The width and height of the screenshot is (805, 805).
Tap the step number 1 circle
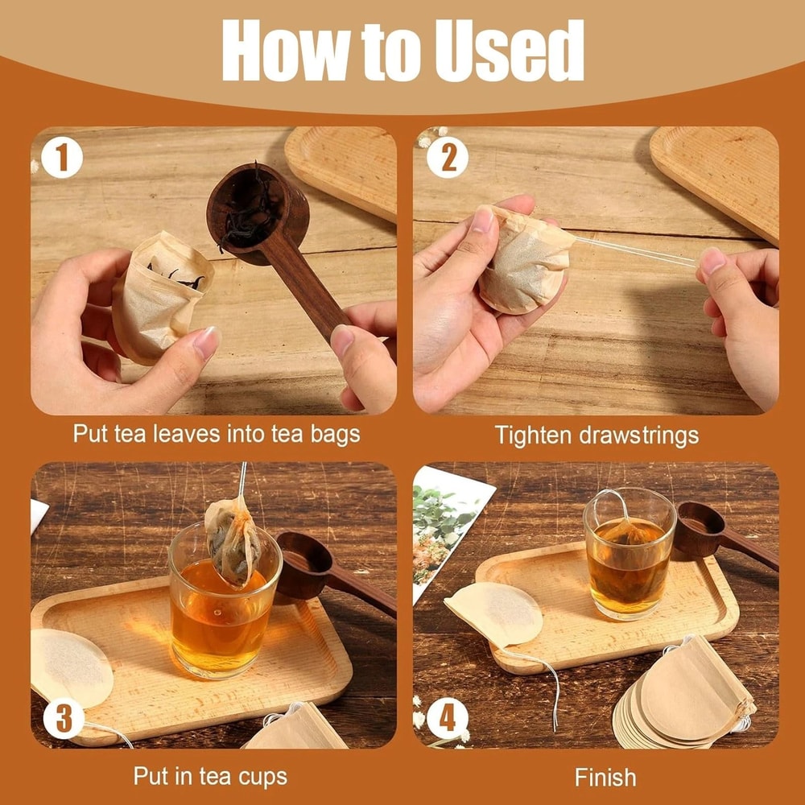pyautogui.click(x=61, y=156)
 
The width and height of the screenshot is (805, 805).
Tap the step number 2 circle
pyautogui.click(x=448, y=156)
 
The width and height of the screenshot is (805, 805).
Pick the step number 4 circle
pyautogui.click(x=447, y=718)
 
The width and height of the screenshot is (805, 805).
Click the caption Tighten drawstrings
pyautogui.click(x=596, y=436)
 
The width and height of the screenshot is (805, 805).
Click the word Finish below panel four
pyautogui.click(x=605, y=777)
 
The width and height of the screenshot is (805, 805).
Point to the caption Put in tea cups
pyautogui.click(x=210, y=777)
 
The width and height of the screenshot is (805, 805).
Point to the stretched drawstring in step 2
pyautogui.click(x=636, y=250)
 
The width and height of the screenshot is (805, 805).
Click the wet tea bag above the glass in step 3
pyautogui.click(x=233, y=539)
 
